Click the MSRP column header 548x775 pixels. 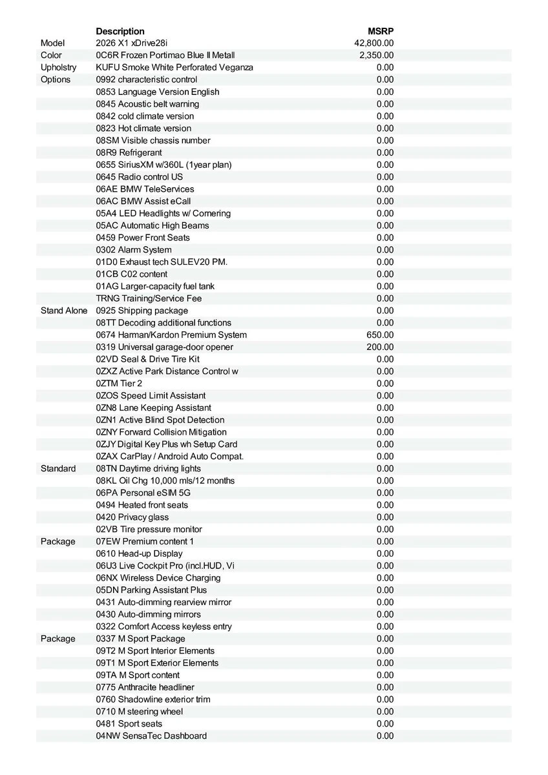click(380, 31)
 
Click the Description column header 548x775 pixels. click(120, 31)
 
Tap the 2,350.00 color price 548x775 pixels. click(376, 56)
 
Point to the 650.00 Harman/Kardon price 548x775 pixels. click(379, 335)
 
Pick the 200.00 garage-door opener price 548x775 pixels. click(379, 347)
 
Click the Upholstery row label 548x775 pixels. click(58, 68)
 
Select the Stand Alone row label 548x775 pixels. click(63, 311)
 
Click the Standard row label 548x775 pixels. click(58, 469)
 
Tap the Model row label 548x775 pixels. click(52, 43)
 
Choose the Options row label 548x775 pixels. click(56, 80)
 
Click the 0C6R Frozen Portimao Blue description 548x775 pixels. click(165, 56)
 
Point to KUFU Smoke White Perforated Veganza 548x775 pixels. click(174, 68)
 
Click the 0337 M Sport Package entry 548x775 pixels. click(140, 639)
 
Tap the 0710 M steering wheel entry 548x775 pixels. click(139, 712)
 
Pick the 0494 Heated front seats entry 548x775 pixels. click(142, 505)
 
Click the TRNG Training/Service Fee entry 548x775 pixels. click(149, 298)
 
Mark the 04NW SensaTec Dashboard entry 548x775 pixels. click(151, 736)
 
